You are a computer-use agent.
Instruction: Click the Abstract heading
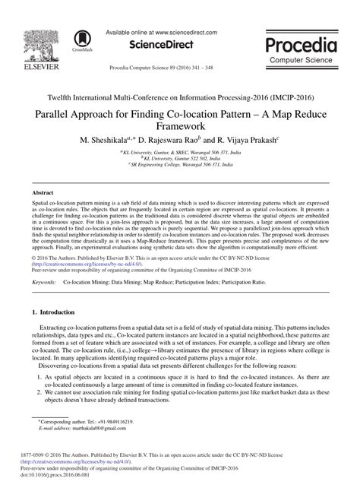click(43, 194)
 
